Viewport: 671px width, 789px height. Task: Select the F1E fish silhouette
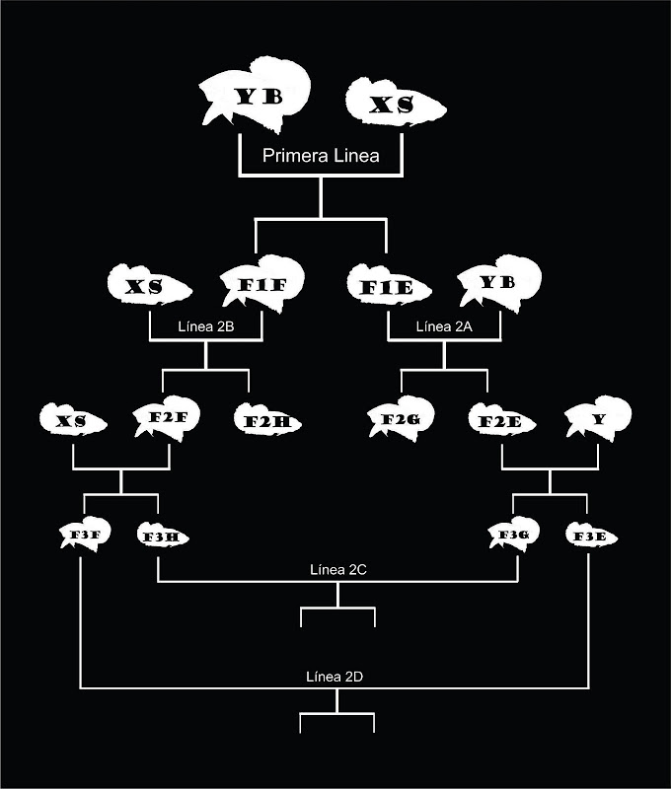coord(388,289)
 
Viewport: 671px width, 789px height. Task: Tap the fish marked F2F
coord(162,420)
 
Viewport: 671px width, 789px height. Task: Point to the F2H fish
coord(266,421)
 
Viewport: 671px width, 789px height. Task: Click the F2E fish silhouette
coord(500,421)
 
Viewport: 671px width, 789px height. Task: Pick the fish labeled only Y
coord(597,420)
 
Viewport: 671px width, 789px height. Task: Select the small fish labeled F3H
coord(161,537)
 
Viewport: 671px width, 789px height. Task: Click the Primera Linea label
coord(320,155)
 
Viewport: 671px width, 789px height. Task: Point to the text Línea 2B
coord(205,325)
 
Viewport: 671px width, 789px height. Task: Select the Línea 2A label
coord(444,325)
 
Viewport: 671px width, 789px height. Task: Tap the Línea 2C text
coord(338,569)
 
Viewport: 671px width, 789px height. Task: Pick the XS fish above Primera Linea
coord(393,105)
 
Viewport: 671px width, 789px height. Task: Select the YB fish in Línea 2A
coord(498,285)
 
